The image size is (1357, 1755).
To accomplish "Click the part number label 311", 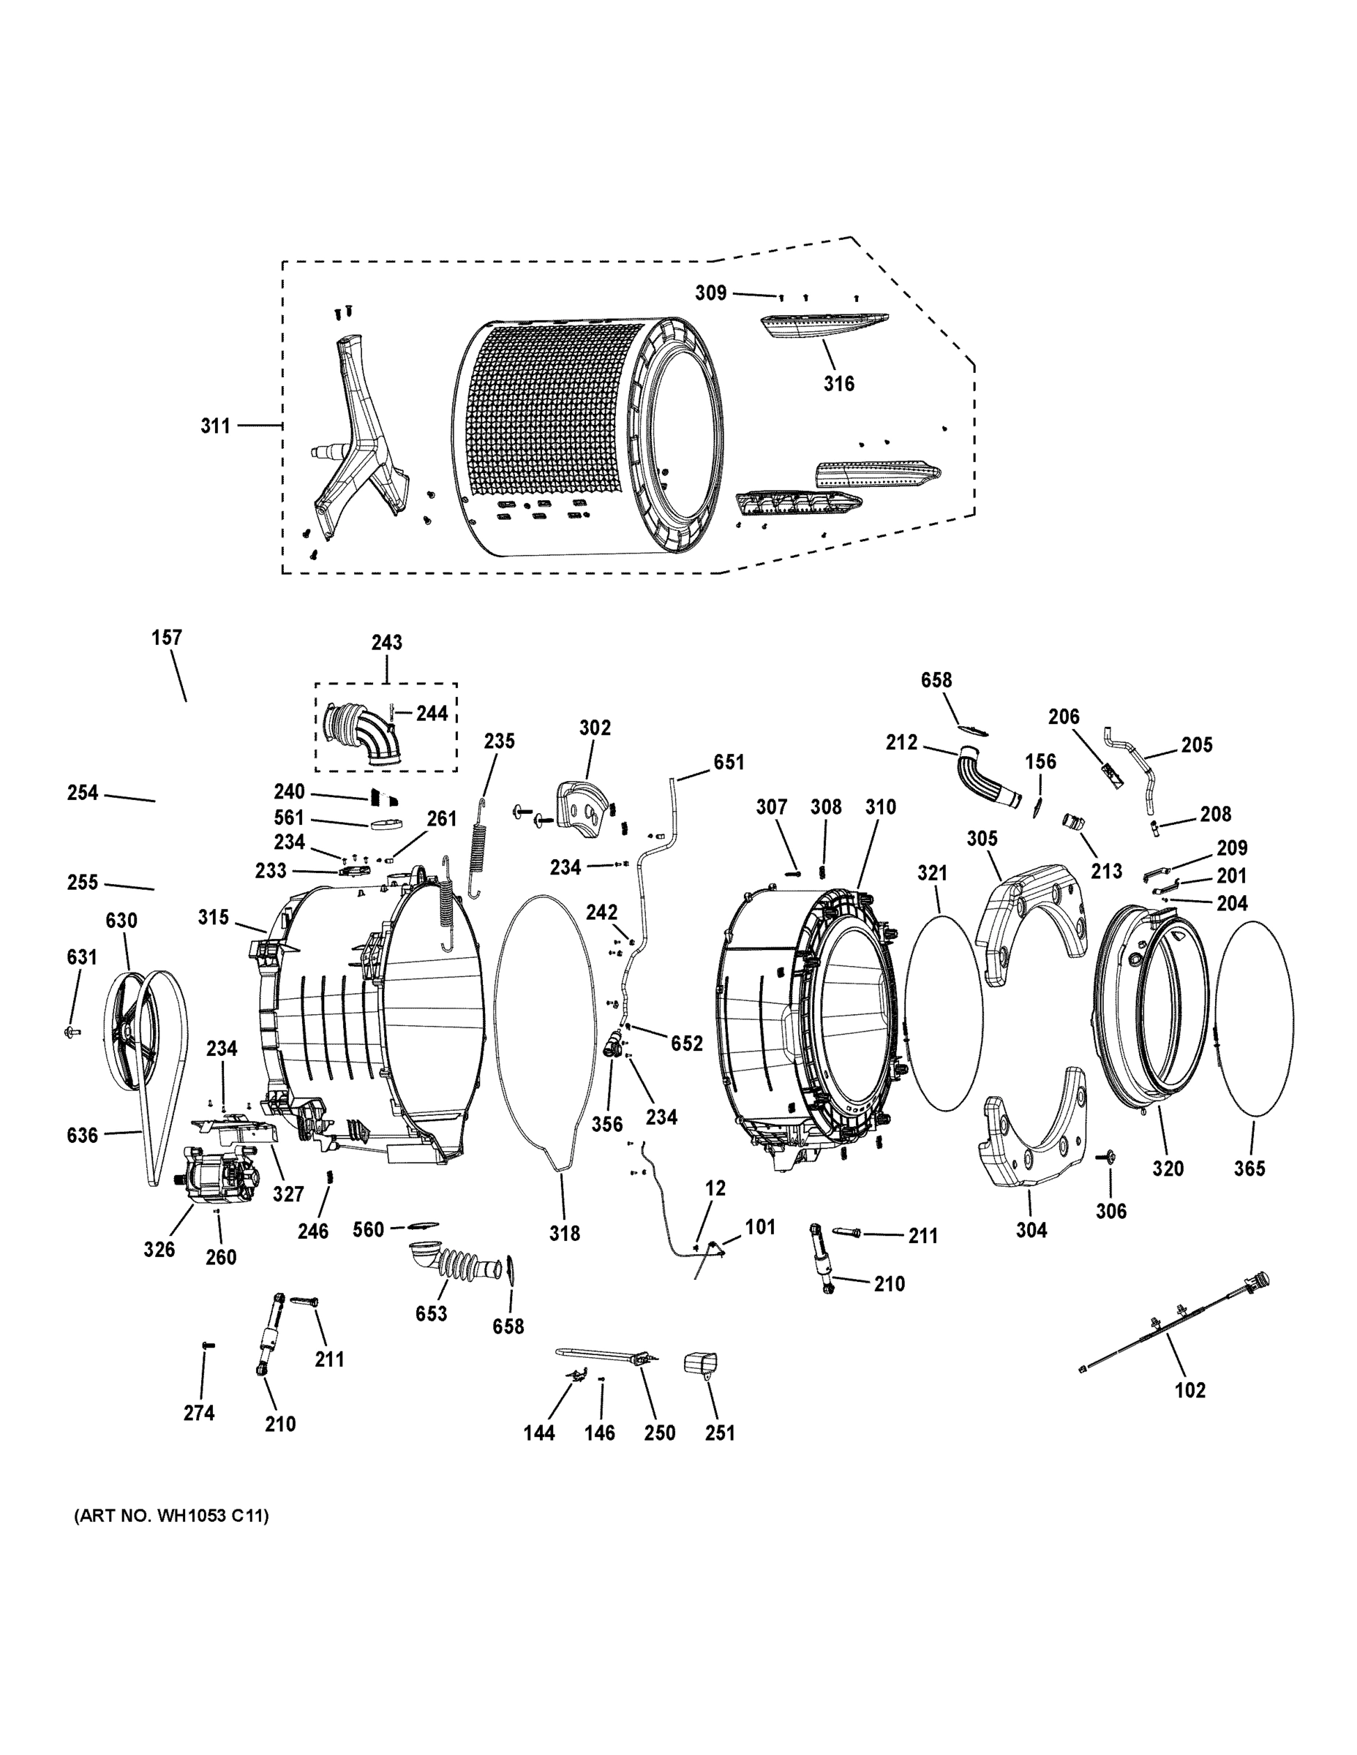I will (x=214, y=426).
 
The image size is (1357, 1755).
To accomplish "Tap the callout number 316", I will (x=838, y=384).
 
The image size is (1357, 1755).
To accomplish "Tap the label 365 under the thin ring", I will (x=1249, y=1169).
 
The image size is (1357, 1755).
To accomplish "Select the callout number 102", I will (x=1189, y=1390).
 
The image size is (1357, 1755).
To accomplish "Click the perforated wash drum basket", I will (x=563, y=434).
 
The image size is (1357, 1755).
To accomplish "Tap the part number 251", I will (x=720, y=1433).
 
